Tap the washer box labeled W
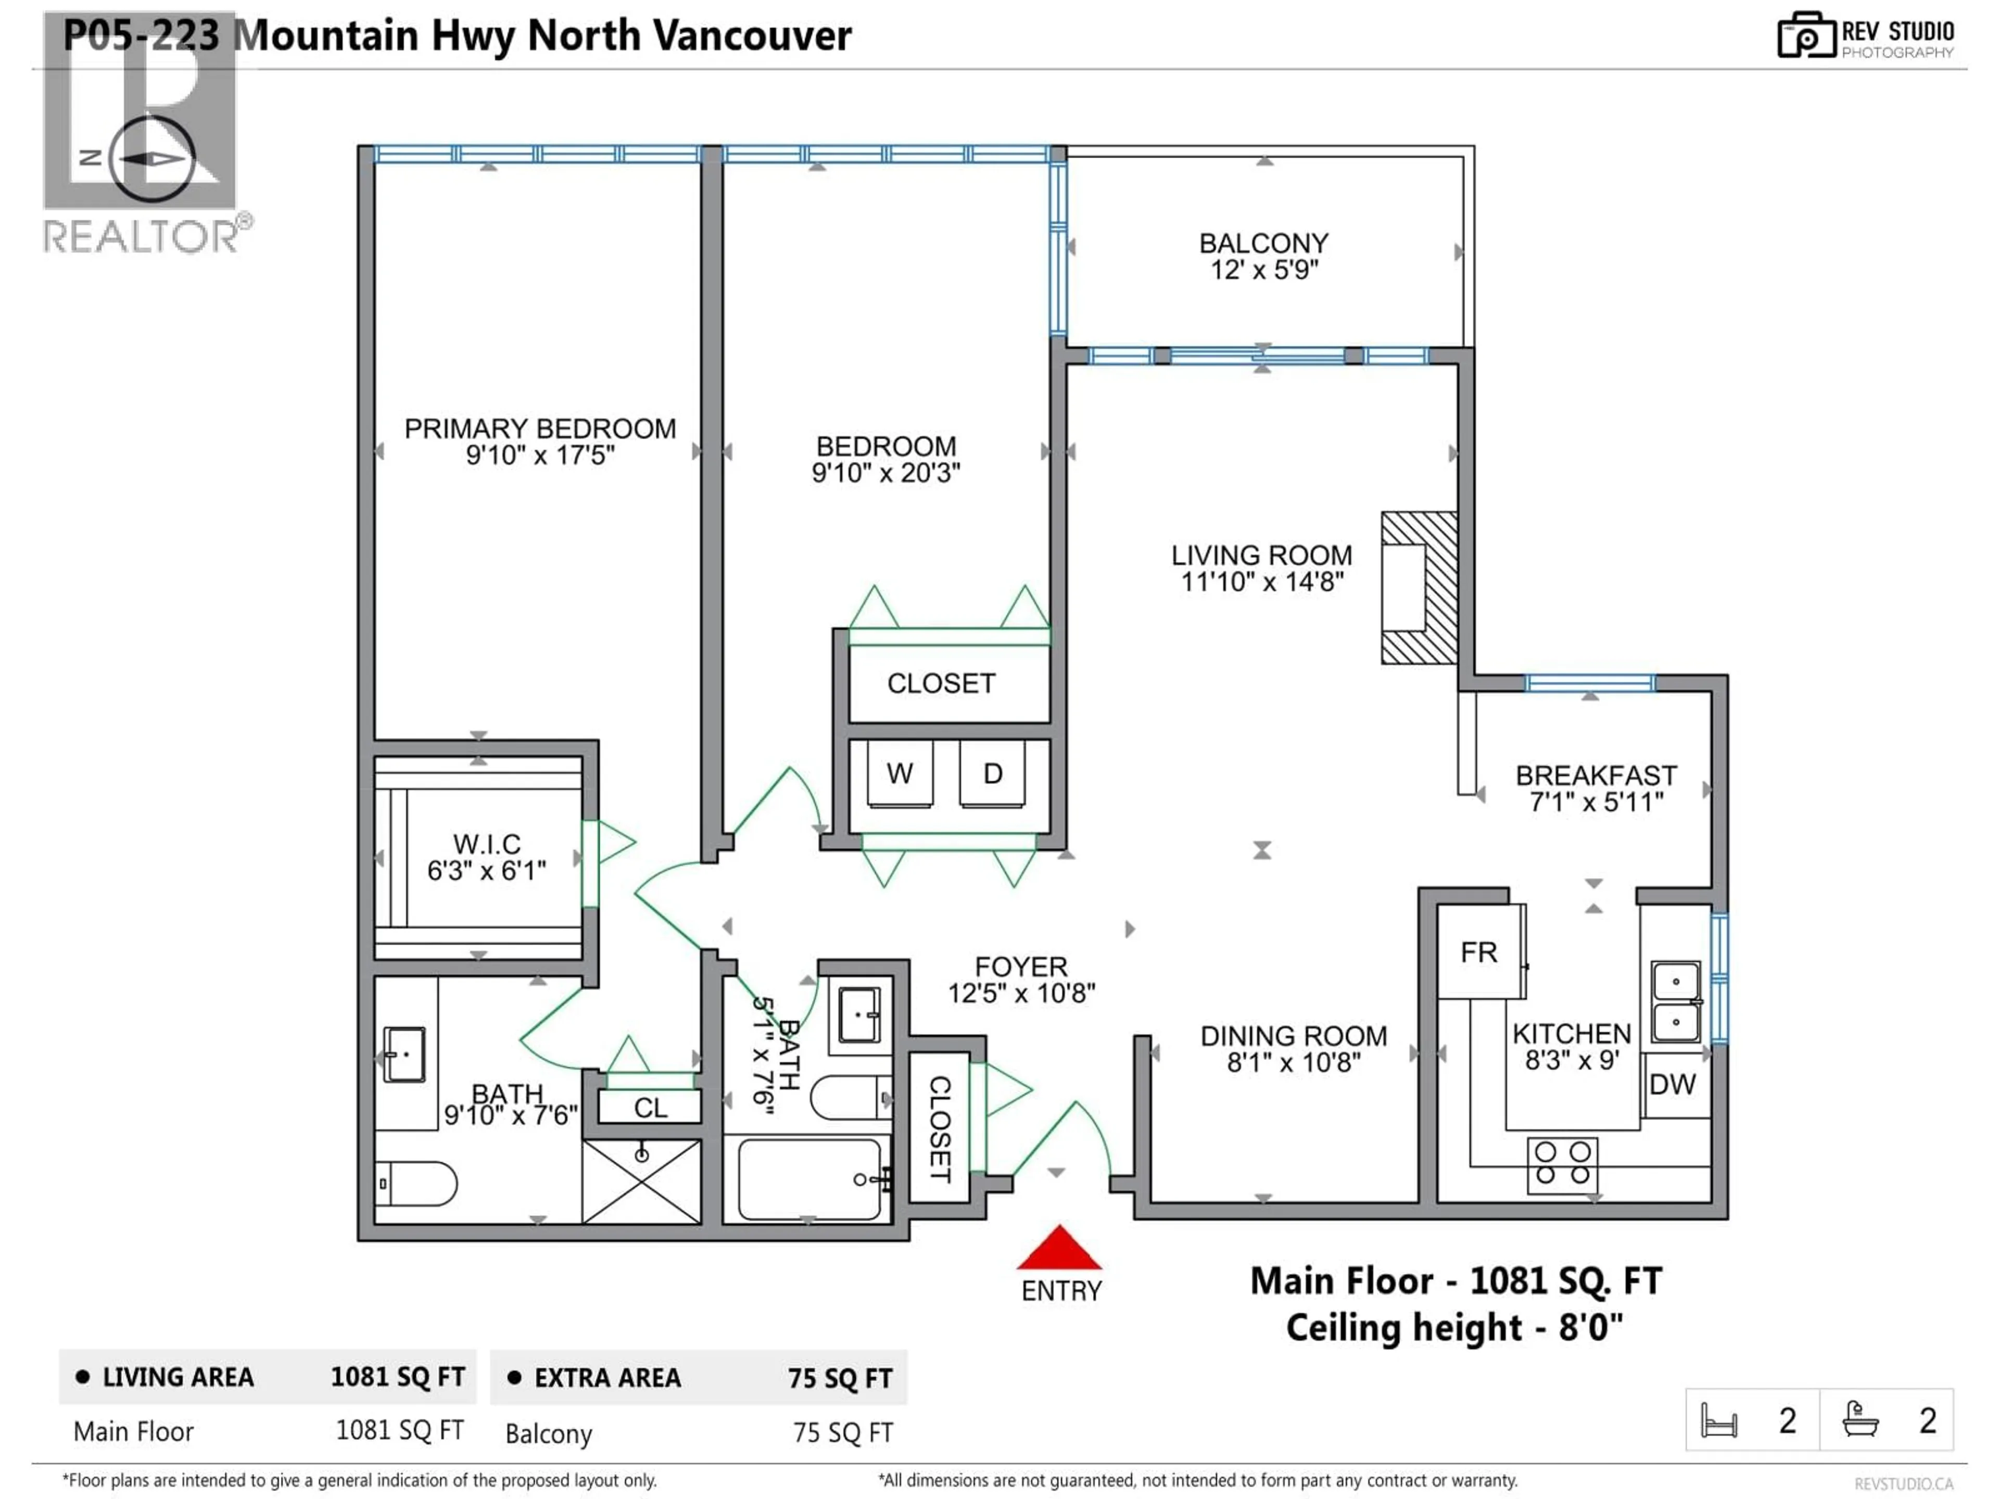pos(899,773)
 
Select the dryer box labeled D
pos(992,773)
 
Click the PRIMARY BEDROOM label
pos(539,428)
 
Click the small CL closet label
pos(650,1108)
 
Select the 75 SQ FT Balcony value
pos(842,1433)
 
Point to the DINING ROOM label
pos(1293,1036)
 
